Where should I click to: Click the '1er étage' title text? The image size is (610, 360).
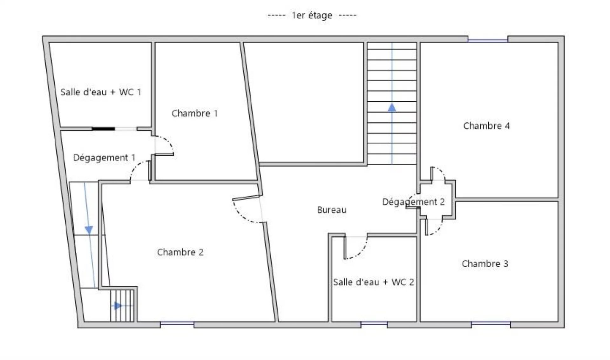point(312,15)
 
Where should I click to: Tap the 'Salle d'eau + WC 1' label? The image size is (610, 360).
point(101,92)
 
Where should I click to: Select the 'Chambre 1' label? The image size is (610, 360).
point(195,113)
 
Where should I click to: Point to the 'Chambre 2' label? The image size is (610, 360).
point(180,252)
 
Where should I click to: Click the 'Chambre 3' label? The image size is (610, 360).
point(485,264)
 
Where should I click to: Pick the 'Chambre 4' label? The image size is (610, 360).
point(486,126)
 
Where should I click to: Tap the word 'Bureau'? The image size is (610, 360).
point(332,210)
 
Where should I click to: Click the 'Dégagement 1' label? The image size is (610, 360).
point(104,158)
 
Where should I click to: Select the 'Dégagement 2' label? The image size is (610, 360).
point(413,202)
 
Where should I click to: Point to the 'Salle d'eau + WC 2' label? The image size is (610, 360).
point(373,282)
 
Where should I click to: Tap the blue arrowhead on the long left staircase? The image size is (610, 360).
point(89,230)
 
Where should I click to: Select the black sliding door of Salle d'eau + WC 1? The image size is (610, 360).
point(103,129)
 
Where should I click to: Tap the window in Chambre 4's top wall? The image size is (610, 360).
point(488,40)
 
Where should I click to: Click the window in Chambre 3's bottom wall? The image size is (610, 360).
point(491,323)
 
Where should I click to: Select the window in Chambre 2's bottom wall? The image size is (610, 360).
point(177,323)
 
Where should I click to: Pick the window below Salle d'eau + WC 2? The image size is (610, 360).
point(374,323)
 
